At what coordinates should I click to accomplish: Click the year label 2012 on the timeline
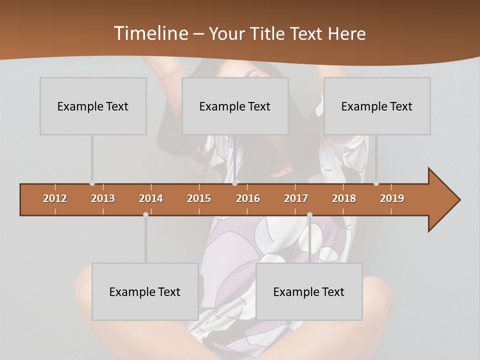pyautogui.click(x=55, y=198)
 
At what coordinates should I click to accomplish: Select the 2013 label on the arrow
pyautogui.click(x=103, y=198)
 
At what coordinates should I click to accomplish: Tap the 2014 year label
pyautogui.click(x=151, y=198)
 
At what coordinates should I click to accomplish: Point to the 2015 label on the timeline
pyautogui.click(x=199, y=198)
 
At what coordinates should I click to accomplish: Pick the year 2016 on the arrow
pyautogui.click(x=248, y=198)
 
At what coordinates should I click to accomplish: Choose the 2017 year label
pyautogui.click(x=296, y=198)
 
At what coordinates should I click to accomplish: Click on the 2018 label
pyautogui.click(x=344, y=198)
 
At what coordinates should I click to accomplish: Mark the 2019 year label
pyautogui.click(x=392, y=198)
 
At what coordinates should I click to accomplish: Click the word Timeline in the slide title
pyautogui.click(x=150, y=33)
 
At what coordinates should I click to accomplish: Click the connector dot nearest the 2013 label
pyautogui.click(x=92, y=183)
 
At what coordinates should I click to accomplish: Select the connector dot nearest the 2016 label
pyautogui.click(x=234, y=183)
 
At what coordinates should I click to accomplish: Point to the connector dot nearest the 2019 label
pyautogui.click(x=376, y=183)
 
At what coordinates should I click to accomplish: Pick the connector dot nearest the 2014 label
pyautogui.click(x=145, y=215)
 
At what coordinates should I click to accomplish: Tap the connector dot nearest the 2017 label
pyautogui.click(x=309, y=215)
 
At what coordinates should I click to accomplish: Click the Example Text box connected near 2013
pyautogui.click(x=93, y=106)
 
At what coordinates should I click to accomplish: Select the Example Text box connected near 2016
pyautogui.click(x=235, y=106)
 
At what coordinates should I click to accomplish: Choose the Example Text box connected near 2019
pyautogui.click(x=377, y=106)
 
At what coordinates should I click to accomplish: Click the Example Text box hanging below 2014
pyautogui.click(x=145, y=291)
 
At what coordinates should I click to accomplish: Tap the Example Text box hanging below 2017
pyautogui.click(x=309, y=291)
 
